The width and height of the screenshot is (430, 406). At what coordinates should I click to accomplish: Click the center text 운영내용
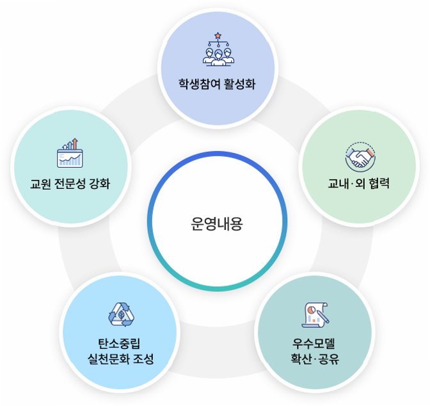[217, 225]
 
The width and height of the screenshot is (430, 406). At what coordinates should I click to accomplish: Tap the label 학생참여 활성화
[217, 84]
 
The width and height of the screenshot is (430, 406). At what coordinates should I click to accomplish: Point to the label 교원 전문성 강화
[70, 184]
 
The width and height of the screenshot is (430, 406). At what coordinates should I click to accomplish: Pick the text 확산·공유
[314, 358]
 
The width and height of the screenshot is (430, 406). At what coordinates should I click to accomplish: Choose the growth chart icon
[70, 153]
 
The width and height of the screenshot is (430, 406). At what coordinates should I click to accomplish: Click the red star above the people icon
[218, 35]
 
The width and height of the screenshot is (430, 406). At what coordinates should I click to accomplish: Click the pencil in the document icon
[323, 316]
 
